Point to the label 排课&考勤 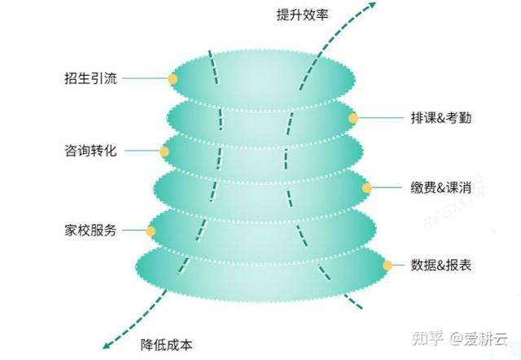tap(440, 118)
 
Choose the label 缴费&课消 tap(440, 187)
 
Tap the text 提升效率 tap(303, 15)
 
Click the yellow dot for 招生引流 tap(173, 79)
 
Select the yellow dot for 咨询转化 tap(164, 151)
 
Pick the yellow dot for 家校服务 tap(151, 230)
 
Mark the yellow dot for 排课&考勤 tap(353, 118)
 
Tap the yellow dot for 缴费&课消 tap(367, 187)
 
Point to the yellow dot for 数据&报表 tap(388, 266)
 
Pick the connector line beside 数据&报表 tap(402, 266)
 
